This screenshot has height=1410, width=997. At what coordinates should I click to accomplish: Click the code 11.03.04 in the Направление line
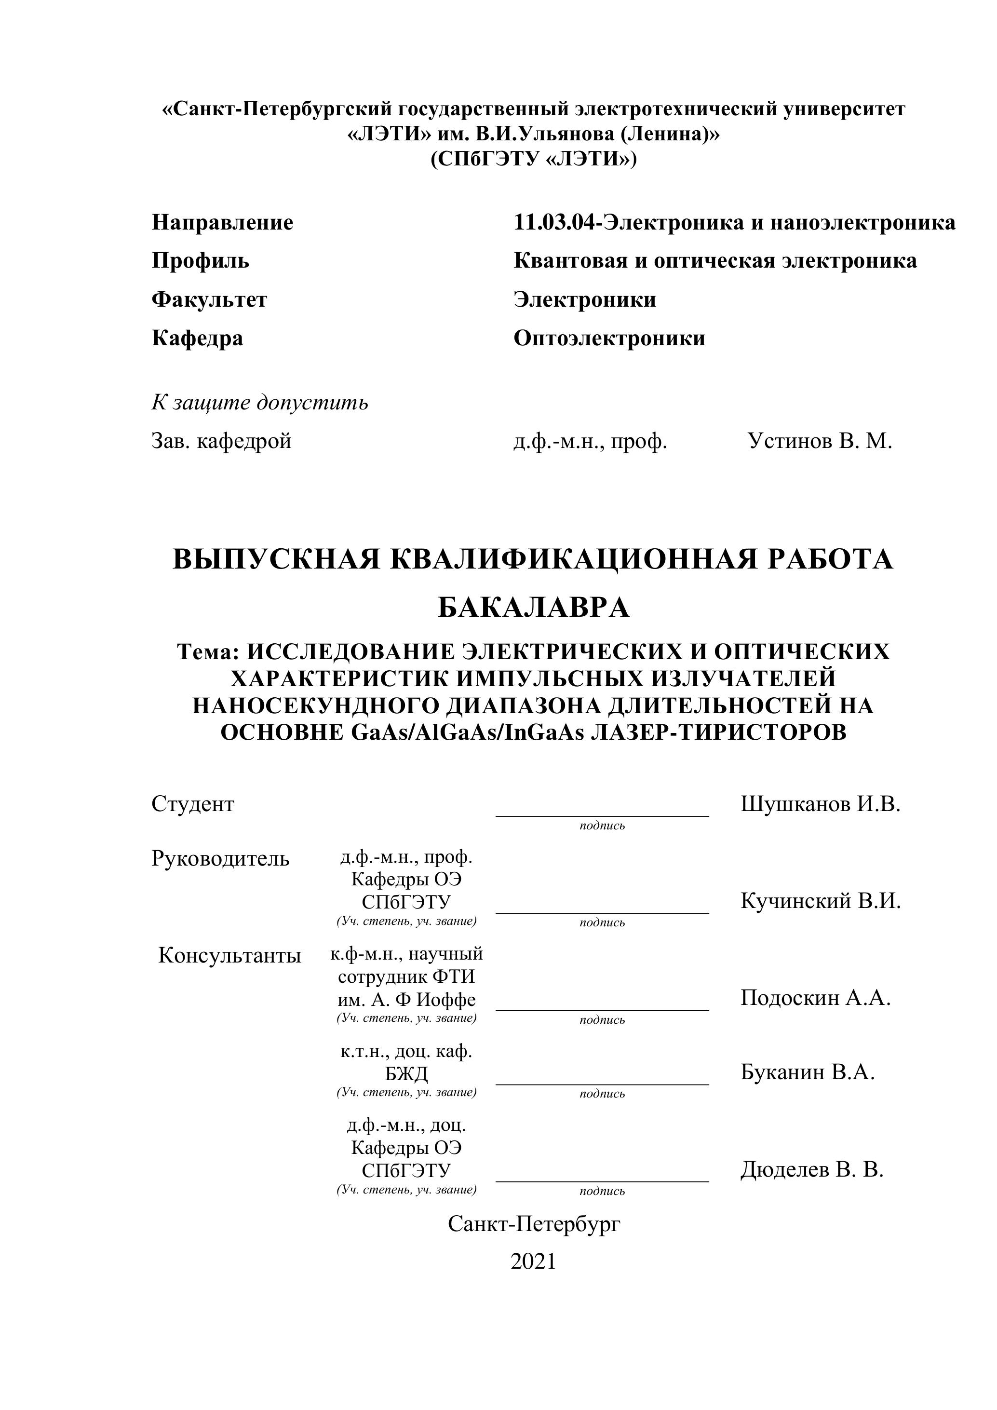coord(554,222)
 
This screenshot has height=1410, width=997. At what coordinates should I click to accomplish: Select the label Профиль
coord(200,261)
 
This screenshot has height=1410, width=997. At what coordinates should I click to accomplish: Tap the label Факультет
coord(209,299)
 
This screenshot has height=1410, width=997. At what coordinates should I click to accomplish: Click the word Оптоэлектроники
coord(609,339)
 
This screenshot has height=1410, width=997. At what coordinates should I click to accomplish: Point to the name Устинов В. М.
coord(820,441)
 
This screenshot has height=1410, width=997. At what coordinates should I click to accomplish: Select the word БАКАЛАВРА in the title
coord(533,608)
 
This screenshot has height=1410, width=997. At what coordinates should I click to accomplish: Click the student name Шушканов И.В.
coord(820,804)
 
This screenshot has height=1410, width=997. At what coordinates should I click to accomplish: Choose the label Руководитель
coord(220,858)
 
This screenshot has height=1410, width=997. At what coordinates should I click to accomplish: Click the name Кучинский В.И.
coord(820,901)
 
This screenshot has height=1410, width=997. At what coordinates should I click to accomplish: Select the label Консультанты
coord(229,956)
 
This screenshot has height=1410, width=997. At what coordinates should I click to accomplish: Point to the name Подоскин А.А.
coord(815,997)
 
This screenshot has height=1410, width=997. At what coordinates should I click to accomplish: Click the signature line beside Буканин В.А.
coord(602,1084)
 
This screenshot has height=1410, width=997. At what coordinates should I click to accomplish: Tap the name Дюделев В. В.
coord(811,1170)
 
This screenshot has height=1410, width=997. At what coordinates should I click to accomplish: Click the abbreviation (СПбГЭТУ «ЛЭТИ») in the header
coord(533,160)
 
